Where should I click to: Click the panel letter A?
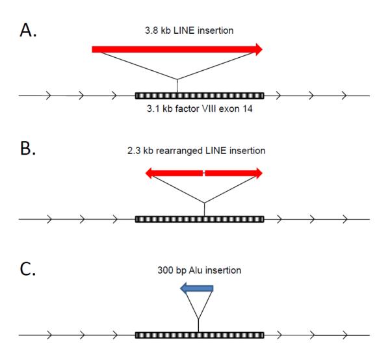[x=30, y=31]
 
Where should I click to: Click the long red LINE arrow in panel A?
[x=175, y=49]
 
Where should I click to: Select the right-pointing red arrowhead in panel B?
[x=259, y=173]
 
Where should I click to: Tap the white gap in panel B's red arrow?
[x=204, y=173]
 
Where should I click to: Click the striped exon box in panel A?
[x=199, y=96]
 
